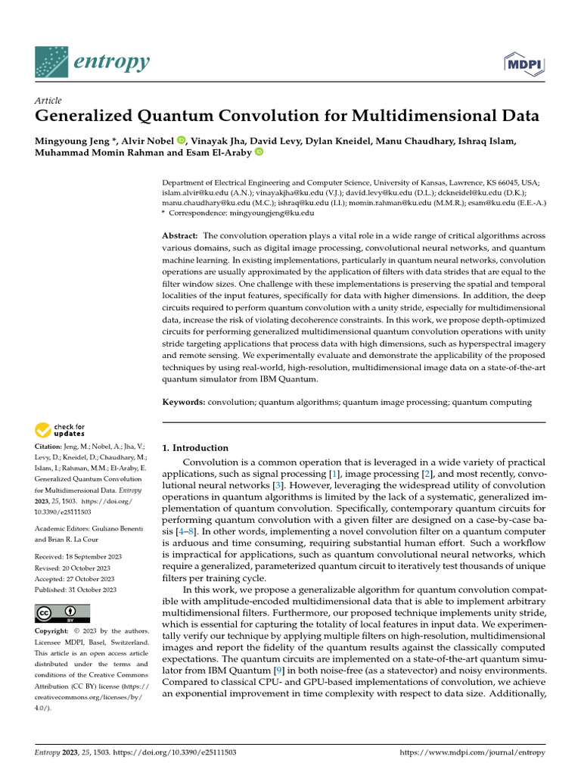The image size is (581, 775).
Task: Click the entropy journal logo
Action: pyautogui.click(x=92, y=62)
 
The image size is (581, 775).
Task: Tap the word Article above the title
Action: pyautogui.click(x=48, y=101)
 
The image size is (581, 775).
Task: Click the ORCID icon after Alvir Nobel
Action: pyautogui.click(x=182, y=141)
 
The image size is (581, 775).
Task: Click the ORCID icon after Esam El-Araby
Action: pyautogui.click(x=259, y=153)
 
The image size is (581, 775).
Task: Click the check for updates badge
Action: pyautogui.click(x=60, y=431)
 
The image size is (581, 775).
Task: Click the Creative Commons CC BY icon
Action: pyautogui.click(x=62, y=613)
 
